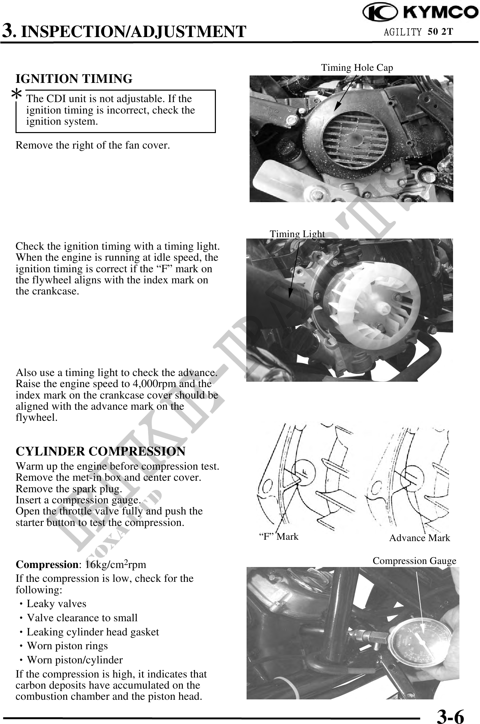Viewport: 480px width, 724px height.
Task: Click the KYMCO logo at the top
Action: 420,13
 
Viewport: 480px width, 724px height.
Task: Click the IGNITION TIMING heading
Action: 74,79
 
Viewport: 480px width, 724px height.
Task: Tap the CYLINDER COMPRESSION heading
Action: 101,451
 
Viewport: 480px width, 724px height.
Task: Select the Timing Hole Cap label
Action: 357,68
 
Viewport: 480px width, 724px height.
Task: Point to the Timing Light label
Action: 297,234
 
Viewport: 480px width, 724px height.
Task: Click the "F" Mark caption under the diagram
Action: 278,536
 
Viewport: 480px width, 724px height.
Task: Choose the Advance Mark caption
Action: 420,538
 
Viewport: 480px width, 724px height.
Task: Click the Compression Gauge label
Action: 414,561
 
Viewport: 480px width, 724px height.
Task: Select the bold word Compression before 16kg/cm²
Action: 47,564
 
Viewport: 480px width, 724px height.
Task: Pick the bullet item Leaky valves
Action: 56,604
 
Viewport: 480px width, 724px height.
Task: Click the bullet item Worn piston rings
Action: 67,646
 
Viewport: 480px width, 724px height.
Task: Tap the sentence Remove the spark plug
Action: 69,489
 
